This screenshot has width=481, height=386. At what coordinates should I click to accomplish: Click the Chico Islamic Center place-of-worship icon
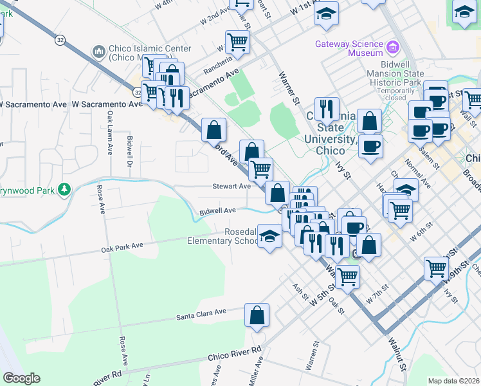99,51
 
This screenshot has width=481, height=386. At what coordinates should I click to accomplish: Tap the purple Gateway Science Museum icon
392,46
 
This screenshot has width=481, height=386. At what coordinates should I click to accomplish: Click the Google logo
21,378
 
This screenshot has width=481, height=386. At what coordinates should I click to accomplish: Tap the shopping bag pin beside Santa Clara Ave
257,316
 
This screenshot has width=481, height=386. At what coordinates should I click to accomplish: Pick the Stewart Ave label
231,186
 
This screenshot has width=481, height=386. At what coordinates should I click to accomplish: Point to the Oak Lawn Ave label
111,133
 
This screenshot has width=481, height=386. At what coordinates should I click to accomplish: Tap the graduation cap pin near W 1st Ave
327,14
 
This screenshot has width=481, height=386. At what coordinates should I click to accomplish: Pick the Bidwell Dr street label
130,148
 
